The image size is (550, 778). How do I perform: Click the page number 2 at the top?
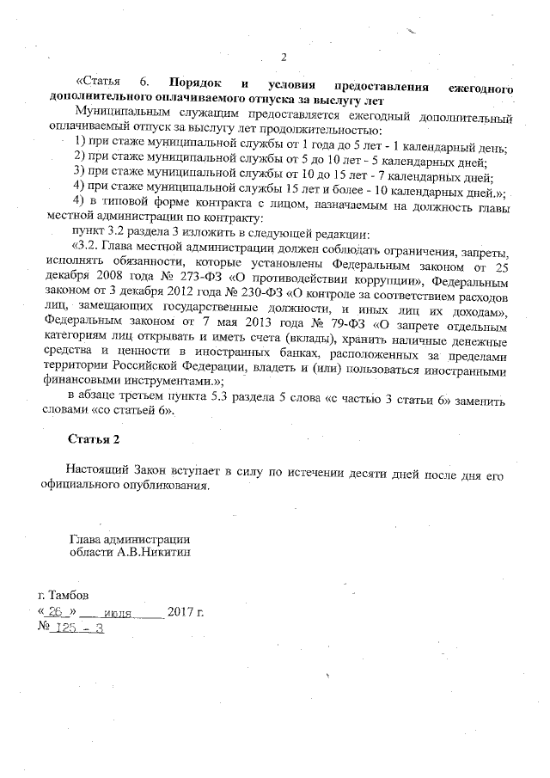coord(284,58)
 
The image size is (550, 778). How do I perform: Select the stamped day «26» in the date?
coord(58,612)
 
